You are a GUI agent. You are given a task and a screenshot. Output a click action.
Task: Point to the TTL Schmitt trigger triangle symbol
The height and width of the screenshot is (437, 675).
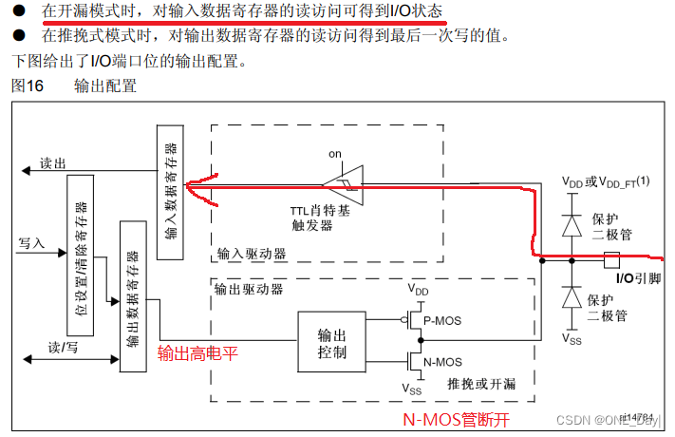[x=343, y=180]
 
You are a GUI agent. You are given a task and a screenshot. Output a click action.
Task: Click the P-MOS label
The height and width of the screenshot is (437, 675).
[x=441, y=321]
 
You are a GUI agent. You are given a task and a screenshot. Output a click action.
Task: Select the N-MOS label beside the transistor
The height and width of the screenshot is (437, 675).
[x=442, y=361]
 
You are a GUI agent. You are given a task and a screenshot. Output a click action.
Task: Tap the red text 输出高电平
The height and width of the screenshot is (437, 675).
[x=197, y=352]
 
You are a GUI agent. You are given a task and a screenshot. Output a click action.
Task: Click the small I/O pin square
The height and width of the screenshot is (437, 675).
[x=612, y=256]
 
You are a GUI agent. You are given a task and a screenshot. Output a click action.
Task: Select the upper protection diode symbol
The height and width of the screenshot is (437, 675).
[x=571, y=225]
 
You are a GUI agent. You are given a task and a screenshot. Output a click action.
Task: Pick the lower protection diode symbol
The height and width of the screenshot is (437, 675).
[x=571, y=297]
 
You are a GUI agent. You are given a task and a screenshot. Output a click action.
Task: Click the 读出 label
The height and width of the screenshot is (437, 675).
[x=53, y=163]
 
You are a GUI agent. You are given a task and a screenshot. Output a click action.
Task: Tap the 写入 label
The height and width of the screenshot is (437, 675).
[x=31, y=243]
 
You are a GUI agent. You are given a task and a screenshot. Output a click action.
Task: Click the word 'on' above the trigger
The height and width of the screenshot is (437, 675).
[x=334, y=153]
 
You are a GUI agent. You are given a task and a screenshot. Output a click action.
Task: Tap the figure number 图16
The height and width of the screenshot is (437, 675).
[x=28, y=85]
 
